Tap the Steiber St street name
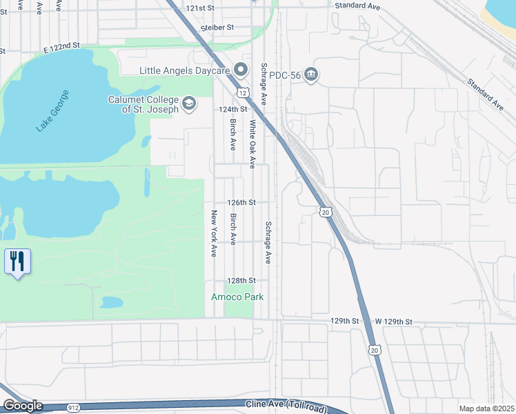(218, 28)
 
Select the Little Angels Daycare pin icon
(241, 70)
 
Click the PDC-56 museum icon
(311, 75)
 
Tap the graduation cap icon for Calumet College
(188, 104)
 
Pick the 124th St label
(233, 110)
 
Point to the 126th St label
(242, 203)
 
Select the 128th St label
(242, 281)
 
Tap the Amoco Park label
(237, 297)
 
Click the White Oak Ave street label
(253, 144)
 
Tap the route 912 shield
(74, 408)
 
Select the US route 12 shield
(242, 92)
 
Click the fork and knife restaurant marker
(17, 262)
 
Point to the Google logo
(22, 406)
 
